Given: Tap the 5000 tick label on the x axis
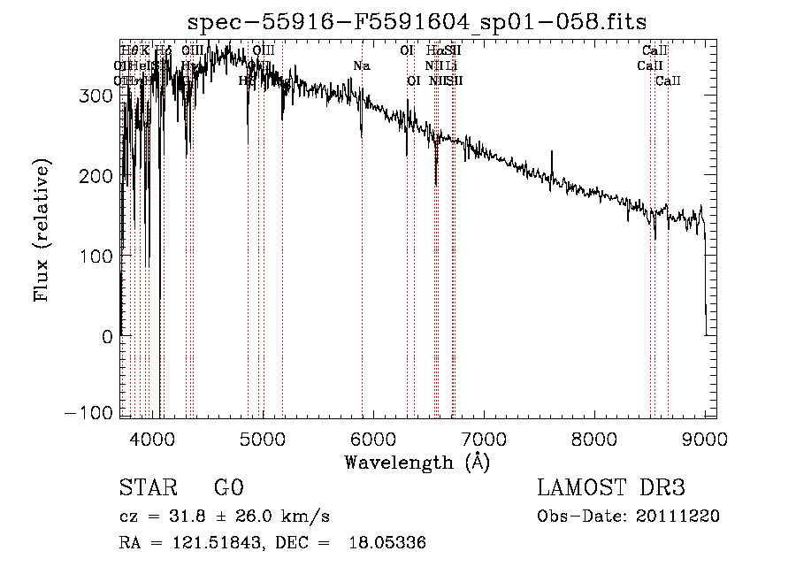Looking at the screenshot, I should [263, 438].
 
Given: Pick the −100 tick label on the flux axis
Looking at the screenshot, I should [88, 414].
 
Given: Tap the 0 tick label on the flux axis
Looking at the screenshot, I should [106, 337].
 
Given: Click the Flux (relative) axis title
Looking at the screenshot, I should [42, 230].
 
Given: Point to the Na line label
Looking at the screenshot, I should [361, 66].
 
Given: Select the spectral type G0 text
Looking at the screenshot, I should [228, 489].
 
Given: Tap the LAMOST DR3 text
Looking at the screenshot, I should [611, 489].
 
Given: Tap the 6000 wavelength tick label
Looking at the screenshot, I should [373, 438].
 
